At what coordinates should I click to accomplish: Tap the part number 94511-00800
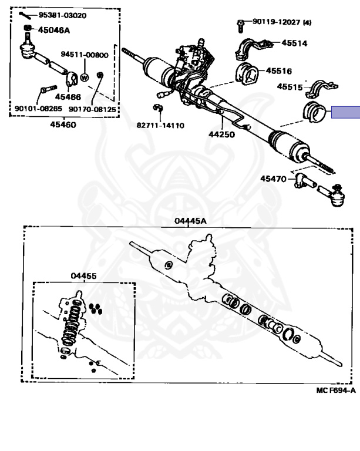click(85, 55)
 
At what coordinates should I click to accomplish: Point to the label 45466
click(68, 96)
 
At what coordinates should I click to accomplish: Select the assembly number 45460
click(62, 124)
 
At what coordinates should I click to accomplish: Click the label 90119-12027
click(276, 22)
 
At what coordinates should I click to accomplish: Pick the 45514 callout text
click(294, 43)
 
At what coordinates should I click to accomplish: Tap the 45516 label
click(278, 70)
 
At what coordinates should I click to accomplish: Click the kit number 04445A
click(190, 221)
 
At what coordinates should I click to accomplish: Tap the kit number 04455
click(84, 275)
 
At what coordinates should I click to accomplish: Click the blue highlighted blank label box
click(345, 112)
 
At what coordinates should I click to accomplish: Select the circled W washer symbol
click(84, 77)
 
